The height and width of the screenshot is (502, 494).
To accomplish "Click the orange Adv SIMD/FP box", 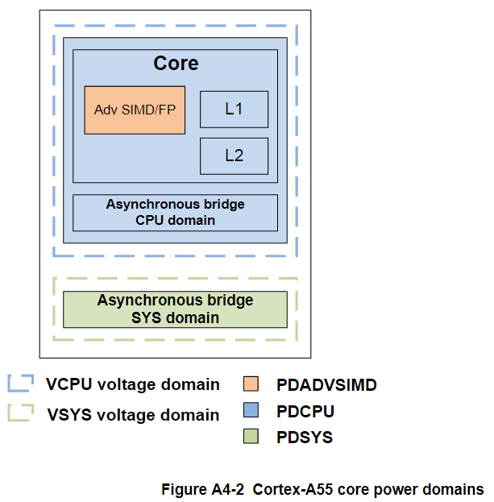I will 135,110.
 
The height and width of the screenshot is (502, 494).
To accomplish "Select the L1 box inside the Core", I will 234,109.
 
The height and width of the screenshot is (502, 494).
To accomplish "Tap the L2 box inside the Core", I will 234,156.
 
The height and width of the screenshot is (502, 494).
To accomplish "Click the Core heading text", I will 176,64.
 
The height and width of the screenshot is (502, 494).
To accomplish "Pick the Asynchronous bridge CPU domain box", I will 175,213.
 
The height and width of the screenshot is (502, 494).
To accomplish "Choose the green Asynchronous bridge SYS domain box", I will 175,309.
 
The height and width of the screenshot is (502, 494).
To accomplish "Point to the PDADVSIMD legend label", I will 326,384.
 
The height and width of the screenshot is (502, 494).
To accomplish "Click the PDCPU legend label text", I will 305,411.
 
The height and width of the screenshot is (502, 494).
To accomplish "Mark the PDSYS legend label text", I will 304,438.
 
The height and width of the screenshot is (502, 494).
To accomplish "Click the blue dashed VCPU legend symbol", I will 20,384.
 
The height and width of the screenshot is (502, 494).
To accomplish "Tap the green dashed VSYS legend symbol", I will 20,413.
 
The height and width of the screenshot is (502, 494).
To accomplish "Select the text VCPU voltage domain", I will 133,384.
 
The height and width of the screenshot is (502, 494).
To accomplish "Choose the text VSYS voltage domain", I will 133,415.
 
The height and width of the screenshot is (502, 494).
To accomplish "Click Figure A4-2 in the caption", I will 204,489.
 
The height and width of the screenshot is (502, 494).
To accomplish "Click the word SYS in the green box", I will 147,317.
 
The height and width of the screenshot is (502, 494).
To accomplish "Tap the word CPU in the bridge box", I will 151,220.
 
